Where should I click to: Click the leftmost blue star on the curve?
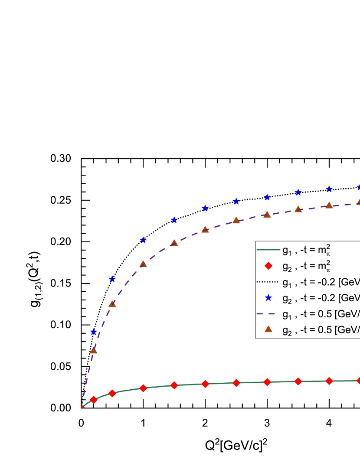93,332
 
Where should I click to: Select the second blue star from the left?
112,279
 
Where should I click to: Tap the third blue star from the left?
143,240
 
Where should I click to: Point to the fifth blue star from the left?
205,209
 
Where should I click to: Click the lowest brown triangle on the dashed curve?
93,350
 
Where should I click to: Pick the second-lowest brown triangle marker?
112,304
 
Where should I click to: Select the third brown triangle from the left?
143,264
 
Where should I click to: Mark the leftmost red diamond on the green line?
93,400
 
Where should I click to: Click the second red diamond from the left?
112,393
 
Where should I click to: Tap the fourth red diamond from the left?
174,385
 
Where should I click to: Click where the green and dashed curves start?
82,407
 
